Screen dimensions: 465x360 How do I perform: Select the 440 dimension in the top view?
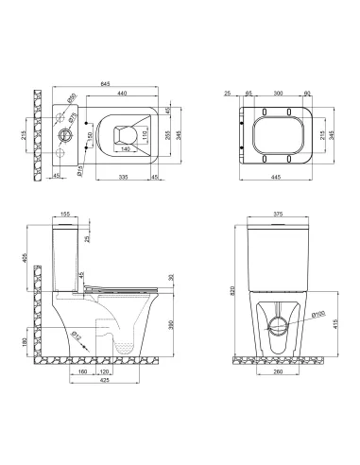tap(119, 94)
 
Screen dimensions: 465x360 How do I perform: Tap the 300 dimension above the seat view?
tap(277, 94)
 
